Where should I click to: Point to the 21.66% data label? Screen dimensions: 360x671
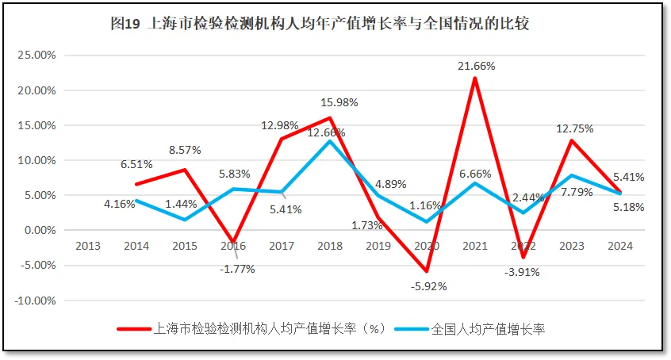(x=476, y=66)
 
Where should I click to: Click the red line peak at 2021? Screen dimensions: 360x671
(x=475, y=78)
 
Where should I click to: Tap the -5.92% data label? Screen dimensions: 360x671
(x=428, y=286)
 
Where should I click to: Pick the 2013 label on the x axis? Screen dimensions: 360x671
(x=88, y=246)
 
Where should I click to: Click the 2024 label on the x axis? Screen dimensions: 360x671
(x=619, y=246)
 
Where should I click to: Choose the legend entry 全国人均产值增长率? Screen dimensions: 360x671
(x=488, y=328)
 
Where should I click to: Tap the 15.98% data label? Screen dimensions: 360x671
(x=339, y=102)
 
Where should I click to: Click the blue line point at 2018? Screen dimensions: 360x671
(x=330, y=141)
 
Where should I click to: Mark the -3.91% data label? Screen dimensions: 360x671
(x=523, y=272)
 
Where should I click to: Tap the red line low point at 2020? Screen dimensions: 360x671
(x=427, y=271)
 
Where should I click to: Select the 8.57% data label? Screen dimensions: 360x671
(x=184, y=149)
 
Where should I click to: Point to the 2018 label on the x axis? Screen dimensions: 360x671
(x=329, y=246)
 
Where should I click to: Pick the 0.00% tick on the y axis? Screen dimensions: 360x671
(x=38, y=231)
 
